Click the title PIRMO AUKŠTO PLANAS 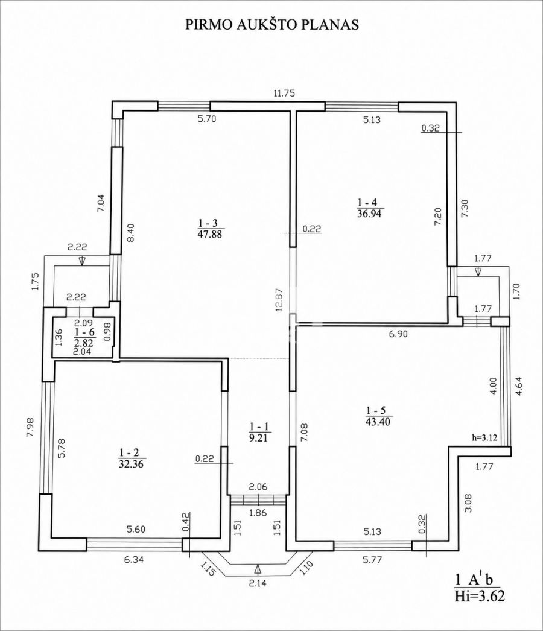pyautogui.click(x=271, y=25)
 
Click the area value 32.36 pyautogui.click(x=132, y=463)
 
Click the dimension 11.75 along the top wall pyautogui.click(x=284, y=93)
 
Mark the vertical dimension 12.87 pyautogui.click(x=281, y=299)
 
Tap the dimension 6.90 pyautogui.click(x=397, y=334)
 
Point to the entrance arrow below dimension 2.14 pyautogui.click(x=258, y=569)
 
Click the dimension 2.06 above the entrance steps pyautogui.click(x=258, y=487)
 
